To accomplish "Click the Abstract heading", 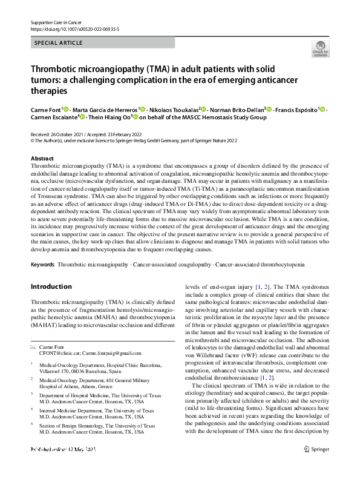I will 42,158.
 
